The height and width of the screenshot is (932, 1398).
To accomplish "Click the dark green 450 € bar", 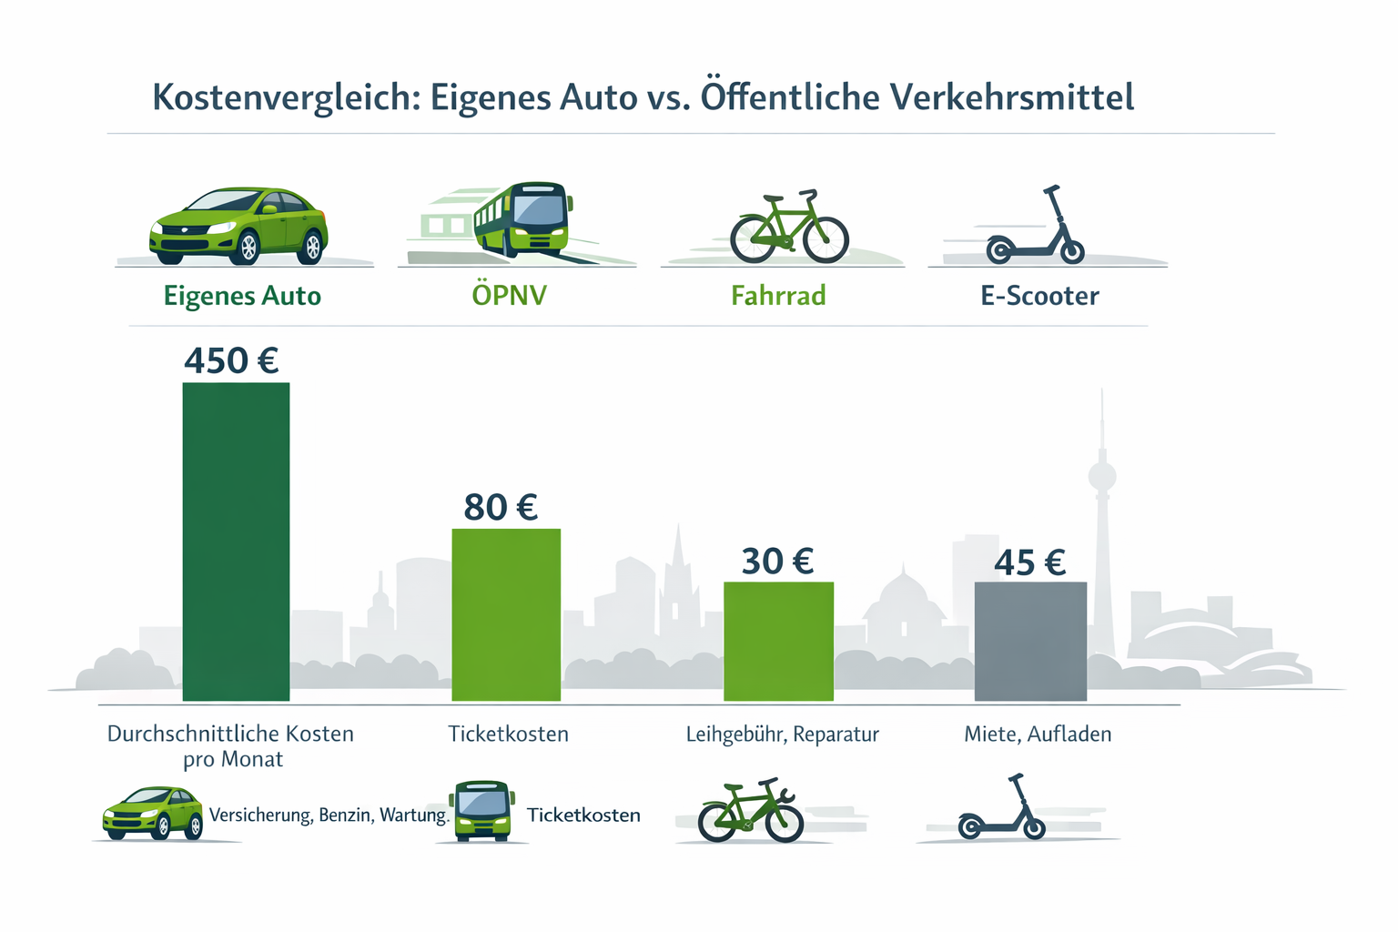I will point(236,542).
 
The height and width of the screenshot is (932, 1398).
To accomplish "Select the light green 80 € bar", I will point(506,614).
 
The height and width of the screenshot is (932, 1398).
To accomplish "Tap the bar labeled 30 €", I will point(778,641).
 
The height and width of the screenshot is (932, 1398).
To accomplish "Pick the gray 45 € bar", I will point(1030,641).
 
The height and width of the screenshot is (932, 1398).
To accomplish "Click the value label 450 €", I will point(231,361).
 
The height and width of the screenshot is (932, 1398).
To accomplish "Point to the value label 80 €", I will point(501,507).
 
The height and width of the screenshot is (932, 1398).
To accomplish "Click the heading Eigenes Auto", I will point(242,296).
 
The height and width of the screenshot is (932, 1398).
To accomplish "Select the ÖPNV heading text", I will point(509,296).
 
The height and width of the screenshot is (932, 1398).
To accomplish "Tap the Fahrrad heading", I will point(778,296).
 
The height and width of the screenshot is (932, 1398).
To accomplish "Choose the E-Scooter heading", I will point(1039,296).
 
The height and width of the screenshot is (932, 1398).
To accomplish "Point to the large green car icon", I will point(238,226).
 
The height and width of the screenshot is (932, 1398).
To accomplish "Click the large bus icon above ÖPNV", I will point(522,218).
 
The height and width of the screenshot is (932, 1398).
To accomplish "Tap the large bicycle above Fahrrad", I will point(789,228).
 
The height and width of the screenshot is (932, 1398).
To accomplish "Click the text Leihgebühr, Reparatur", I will point(782,734).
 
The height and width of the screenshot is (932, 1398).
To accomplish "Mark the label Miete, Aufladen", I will point(1038,734).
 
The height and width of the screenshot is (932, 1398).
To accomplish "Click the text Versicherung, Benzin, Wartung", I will point(329,815).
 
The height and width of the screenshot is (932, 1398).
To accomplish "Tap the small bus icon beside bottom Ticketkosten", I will point(481,810).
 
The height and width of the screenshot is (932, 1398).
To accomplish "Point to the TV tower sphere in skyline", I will point(1102,475).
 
